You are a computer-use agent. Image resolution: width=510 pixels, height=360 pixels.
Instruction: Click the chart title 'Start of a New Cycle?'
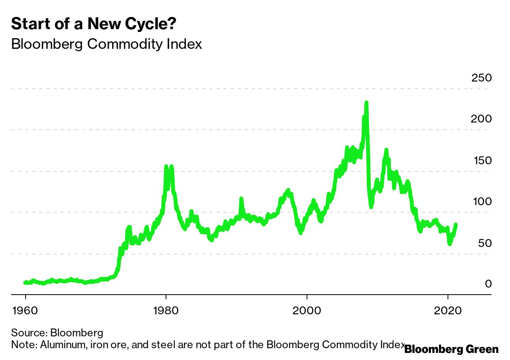pos(94,24)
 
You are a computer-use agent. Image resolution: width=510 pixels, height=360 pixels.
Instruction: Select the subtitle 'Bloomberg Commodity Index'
pos(106,44)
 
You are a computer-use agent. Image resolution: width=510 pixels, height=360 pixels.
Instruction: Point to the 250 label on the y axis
pos(481,78)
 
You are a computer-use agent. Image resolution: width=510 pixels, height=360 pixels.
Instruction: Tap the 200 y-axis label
pos(481,119)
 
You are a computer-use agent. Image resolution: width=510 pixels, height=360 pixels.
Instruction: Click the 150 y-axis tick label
pos(481,161)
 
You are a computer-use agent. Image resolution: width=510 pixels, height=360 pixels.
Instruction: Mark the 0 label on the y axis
pos(488,284)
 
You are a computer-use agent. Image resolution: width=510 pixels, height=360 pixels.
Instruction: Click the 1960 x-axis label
pos(25,310)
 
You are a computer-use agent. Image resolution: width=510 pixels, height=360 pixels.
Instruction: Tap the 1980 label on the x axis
pos(166,310)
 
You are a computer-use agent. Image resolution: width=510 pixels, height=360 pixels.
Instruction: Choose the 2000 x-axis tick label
pos(307,310)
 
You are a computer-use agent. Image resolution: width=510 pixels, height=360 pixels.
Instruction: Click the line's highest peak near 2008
pos(366,103)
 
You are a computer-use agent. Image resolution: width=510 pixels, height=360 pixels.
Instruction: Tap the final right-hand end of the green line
pos(456,225)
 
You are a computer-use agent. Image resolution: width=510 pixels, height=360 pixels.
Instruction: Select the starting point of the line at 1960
pos(25,282)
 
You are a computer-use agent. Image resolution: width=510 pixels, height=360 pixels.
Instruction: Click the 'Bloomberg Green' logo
pos(451,349)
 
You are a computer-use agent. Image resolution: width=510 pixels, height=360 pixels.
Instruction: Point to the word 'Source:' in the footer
pos(29,333)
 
